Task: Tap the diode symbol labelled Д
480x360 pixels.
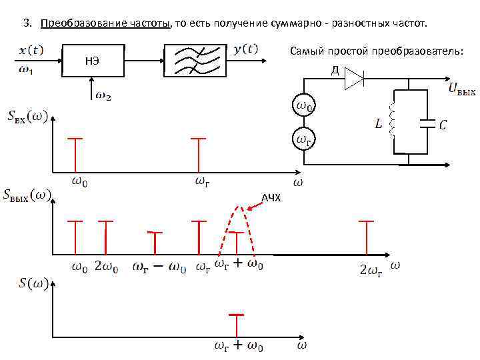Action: pos(353,81)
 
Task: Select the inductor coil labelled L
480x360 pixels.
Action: pos(393,123)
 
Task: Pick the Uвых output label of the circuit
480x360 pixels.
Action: pos(461,89)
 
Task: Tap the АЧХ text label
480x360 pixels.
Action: pos(271,198)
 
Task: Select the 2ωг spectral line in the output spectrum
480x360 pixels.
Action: pos(367,237)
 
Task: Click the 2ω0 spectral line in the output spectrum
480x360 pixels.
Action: pos(105,237)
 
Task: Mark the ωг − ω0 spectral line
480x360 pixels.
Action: pos(155,243)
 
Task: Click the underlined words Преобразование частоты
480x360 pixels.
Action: pos(105,24)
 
